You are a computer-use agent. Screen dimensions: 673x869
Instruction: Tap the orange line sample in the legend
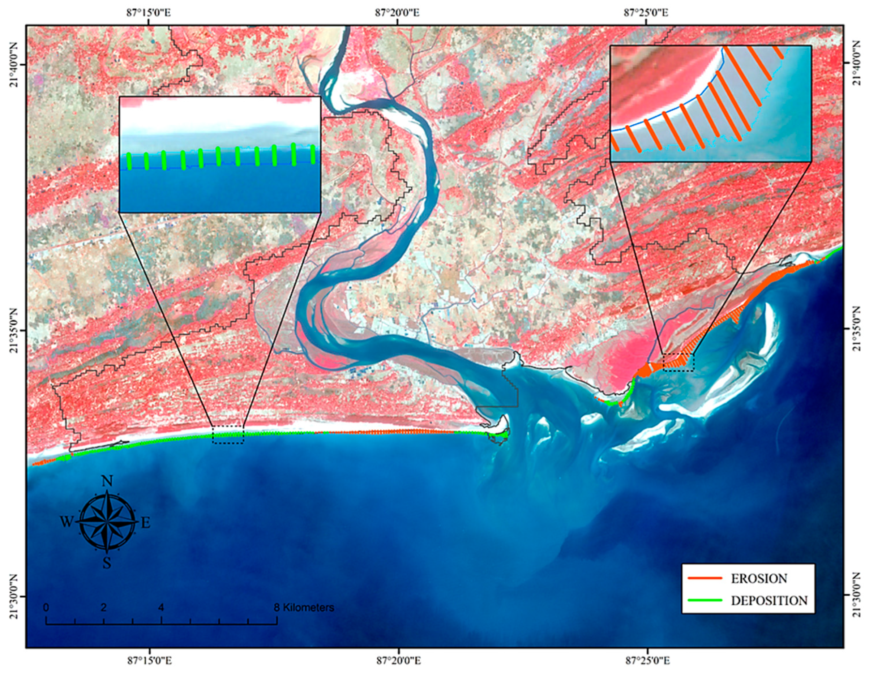click(x=704, y=578)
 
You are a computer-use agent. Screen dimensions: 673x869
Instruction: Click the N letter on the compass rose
click(x=107, y=481)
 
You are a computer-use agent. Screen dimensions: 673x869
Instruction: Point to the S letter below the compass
click(x=107, y=563)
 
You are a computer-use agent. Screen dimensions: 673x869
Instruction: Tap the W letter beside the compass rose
click(x=67, y=522)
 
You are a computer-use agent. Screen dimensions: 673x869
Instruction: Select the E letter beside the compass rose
click(x=146, y=523)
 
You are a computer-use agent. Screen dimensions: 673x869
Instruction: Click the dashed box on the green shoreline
click(x=227, y=435)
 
